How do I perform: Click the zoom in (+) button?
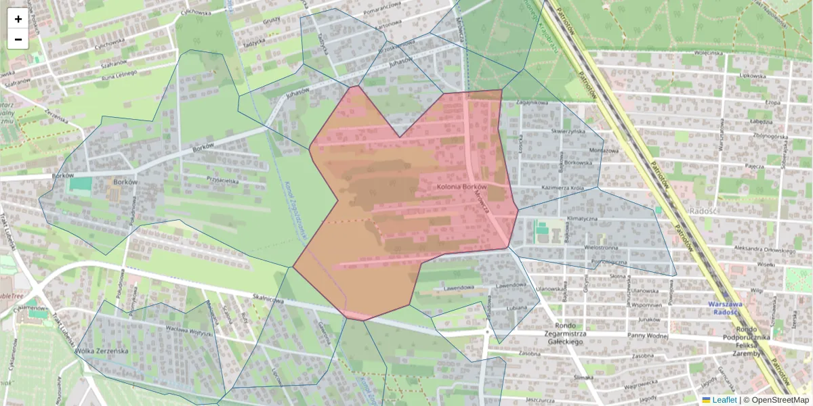[x=18, y=19]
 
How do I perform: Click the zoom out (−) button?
[x=18, y=39]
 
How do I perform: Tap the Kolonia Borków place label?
[x=462, y=186]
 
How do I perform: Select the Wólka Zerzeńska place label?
[x=102, y=351]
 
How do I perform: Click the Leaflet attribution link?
[x=724, y=400]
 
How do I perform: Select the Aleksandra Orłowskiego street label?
[x=763, y=250]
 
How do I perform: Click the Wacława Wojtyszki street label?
[x=172, y=330]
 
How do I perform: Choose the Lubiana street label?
[x=516, y=308]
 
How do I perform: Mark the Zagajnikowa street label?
[x=531, y=102]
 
